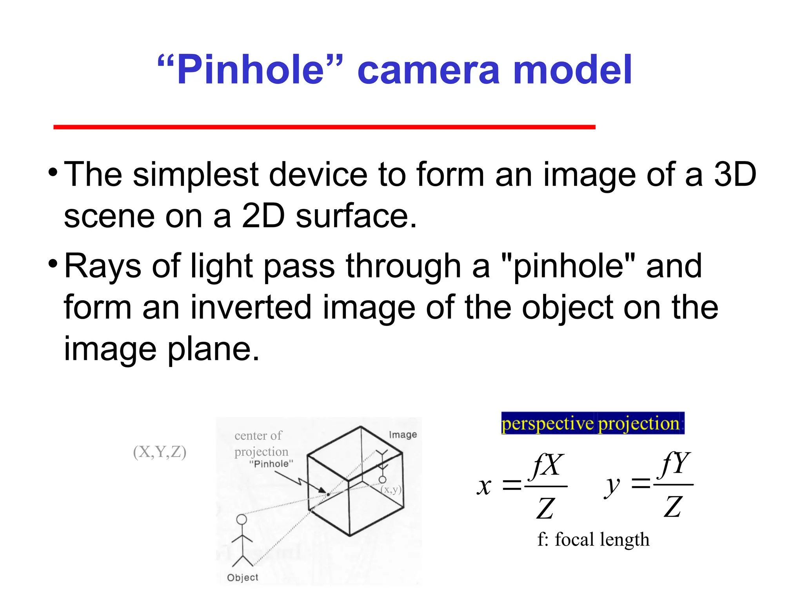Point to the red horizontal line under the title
click(x=324, y=127)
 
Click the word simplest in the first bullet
click(x=195, y=174)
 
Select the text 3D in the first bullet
click(x=735, y=174)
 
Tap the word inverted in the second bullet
click(x=251, y=308)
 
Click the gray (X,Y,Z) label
click(x=160, y=452)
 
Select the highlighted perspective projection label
click(x=592, y=423)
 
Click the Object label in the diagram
click(x=243, y=577)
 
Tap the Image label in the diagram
click(x=403, y=435)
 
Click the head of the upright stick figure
click(x=242, y=520)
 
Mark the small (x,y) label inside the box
click(x=391, y=490)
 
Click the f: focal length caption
click(x=593, y=540)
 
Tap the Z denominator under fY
click(x=673, y=507)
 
